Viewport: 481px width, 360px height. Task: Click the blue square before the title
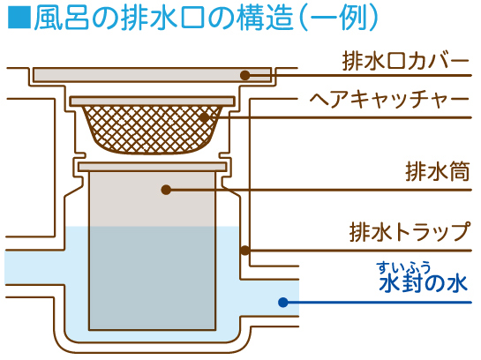(19, 17)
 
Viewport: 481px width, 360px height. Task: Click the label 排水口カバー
(405, 61)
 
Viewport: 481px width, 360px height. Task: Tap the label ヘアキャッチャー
(389, 99)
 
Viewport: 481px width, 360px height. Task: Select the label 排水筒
(438, 171)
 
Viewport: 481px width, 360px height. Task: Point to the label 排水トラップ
(410, 231)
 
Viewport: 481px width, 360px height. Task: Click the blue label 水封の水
(424, 283)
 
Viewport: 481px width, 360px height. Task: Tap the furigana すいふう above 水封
(404, 267)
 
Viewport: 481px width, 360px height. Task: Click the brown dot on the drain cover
(245, 75)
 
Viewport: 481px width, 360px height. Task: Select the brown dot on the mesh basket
(204, 117)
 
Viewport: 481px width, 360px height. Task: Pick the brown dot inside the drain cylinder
(166, 190)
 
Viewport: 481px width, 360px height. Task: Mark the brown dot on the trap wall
(244, 251)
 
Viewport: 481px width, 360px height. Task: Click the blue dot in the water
(283, 303)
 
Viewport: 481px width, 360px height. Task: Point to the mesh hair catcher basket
(153, 130)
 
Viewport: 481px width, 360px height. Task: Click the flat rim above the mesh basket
(153, 101)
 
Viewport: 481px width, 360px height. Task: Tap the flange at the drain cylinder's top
(153, 167)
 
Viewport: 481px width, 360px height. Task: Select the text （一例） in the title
(339, 18)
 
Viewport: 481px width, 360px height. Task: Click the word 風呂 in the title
(62, 18)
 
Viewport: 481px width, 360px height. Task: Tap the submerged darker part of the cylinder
(153, 279)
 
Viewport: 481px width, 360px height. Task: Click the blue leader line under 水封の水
(378, 303)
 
